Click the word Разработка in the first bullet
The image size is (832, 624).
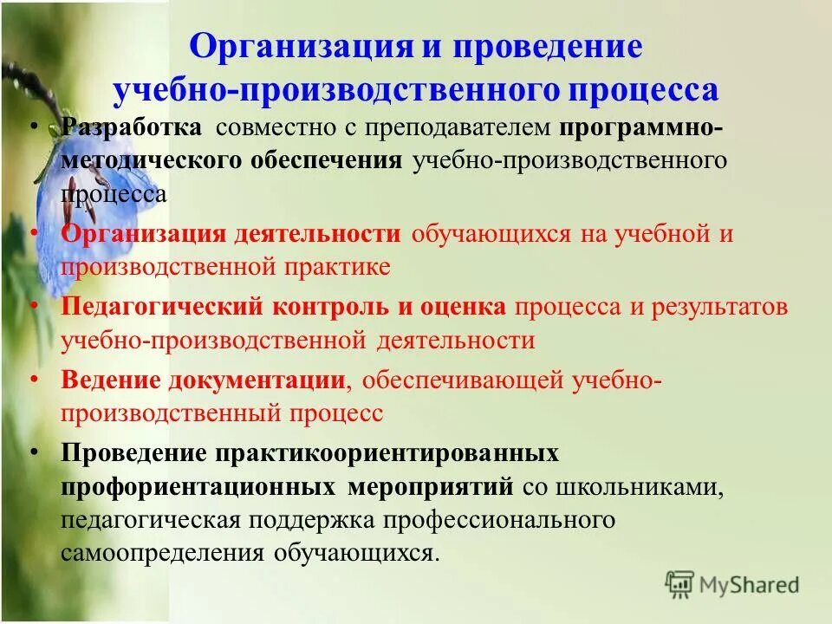pos(132,128)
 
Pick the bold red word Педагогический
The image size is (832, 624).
pos(162,308)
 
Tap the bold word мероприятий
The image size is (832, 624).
pos(430,486)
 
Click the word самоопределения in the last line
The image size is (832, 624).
pos(164,552)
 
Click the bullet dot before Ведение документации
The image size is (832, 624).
pos(33,380)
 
